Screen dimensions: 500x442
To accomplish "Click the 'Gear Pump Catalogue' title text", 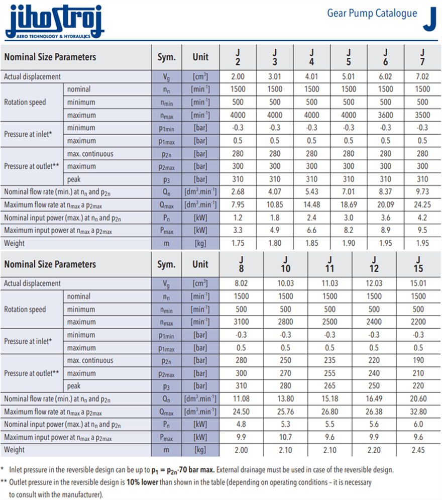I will click(372, 13).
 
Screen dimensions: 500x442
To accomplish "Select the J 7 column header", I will click(422, 57).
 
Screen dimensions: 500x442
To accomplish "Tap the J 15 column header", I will click(418, 264).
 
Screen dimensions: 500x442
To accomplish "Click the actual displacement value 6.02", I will click(385, 77).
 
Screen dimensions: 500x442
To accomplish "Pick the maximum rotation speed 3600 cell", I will click(385, 115).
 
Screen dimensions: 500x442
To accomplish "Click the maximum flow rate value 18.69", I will click(348, 205).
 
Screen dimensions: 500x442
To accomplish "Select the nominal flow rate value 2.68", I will click(238, 192).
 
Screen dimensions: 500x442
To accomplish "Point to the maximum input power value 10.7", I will click(286, 437).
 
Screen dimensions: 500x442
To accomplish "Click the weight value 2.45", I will click(418, 450).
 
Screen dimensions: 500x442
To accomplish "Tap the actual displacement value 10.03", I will click(286, 283).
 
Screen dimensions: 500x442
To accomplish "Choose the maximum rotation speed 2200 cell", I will click(418, 322).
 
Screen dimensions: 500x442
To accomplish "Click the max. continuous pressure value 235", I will click(330, 360).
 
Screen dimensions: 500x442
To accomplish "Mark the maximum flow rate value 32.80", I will click(418, 412).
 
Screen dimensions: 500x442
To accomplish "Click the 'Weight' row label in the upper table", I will click(15, 243).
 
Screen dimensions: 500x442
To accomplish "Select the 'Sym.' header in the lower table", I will click(166, 264).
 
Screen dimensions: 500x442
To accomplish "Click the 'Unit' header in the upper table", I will click(200, 57).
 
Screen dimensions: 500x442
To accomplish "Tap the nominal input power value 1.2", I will click(238, 218).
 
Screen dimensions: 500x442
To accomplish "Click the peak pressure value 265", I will click(330, 386).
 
